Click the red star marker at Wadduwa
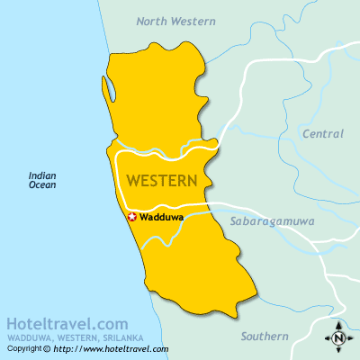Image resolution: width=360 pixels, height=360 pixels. click(131, 217)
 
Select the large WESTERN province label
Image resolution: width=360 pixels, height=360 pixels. click(162, 181)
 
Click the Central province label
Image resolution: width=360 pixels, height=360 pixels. click(323, 134)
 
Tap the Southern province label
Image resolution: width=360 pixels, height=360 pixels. click(265, 337)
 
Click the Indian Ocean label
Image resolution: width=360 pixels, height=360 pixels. click(42, 180)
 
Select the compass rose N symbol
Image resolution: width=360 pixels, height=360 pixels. click(338, 338)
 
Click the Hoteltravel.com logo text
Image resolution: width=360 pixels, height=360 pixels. click(67, 323)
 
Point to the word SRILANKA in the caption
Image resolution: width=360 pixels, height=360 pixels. click(122, 337)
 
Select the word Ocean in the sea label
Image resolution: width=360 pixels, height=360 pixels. click(42, 185)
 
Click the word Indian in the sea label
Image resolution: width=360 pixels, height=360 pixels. click(42, 175)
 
